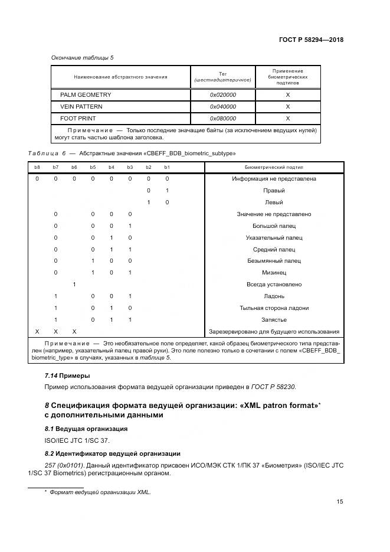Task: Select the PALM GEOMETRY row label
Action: click(x=86, y=94)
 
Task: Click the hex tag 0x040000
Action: click(x=223, y=106)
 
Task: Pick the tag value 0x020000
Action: click(x=223, y=94)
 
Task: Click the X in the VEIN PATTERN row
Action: click(x=288, y=106)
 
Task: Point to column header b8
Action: click(x=37, y=168)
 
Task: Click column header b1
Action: click(x=167, y=168)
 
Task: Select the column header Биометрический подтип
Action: click(x=274, y=168)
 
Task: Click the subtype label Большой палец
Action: click(x=274, y=226)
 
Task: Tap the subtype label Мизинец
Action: click(x=274, y=273)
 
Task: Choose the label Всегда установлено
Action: click(x=274, y=285)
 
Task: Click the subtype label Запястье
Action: click(x=274, y=319)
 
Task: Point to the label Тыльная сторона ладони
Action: click(x=274, y=308)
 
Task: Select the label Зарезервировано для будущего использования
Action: click(x=274, y=331)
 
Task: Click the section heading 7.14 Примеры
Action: click(x=67, y=375)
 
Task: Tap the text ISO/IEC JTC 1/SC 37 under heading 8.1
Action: click(x=69, y=440)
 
